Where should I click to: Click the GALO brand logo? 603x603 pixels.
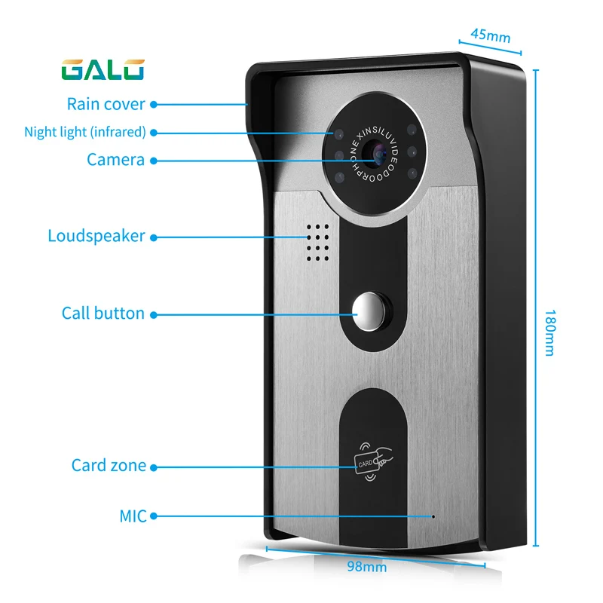click(x=103, y=70)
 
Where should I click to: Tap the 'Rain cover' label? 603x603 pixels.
click(x=106, y=104)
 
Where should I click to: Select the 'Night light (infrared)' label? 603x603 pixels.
click(x=85, y=132)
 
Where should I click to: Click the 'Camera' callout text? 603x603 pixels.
click(x=115, y=160)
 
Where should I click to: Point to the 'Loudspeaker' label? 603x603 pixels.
click(x=96, y=236)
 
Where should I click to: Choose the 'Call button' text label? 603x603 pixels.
click(x=103, y=313)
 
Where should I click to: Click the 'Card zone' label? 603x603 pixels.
click(x=109, y=465)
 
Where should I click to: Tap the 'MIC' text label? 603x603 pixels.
click(x=133, y=516)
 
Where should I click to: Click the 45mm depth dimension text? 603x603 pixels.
click(x=491, y=35)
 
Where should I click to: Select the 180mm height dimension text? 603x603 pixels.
click(x=550, y=333)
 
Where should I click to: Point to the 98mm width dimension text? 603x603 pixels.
click(x=367, y=567)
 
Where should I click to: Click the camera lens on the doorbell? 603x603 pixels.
click(x=375, y=153)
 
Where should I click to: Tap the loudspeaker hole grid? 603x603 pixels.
click(x=317, y=243)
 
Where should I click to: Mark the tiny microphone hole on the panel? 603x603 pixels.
click(x=433, y=516)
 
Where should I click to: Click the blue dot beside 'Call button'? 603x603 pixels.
click(x=154, y=315)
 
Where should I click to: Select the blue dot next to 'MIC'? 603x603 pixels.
click(x=154, y=516)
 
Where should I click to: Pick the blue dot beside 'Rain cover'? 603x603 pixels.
click(x=154, y=104)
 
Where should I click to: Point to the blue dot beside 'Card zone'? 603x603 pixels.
click(x=154, y=467)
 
